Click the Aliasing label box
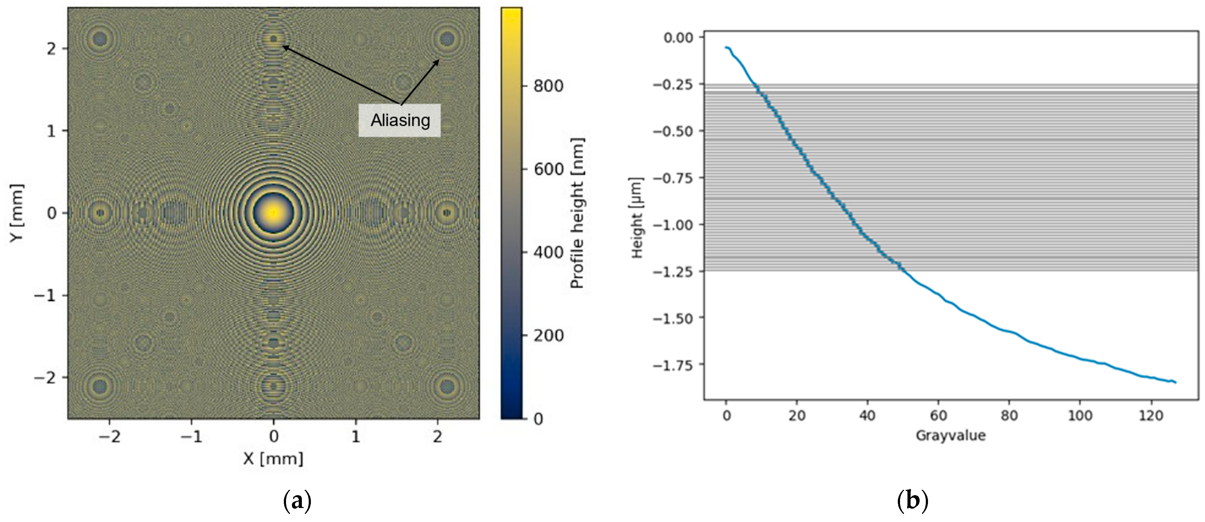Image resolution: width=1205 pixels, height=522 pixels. [x=399, y=120]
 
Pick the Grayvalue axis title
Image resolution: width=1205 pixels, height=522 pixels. [x=950, y=435]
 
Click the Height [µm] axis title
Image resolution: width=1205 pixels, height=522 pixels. [x=637, y=218]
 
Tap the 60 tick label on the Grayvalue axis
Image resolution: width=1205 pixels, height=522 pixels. [x=938, y=415]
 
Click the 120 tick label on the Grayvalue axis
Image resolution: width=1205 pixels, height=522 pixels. [x=1151, y=415]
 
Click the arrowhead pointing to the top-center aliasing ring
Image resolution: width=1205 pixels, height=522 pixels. [x=284, y=47]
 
